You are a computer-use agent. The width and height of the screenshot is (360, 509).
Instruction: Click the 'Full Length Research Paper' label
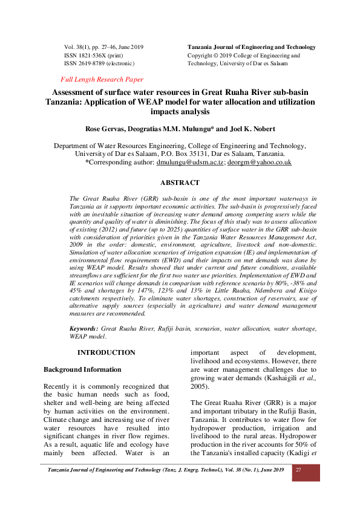tap(102, 79)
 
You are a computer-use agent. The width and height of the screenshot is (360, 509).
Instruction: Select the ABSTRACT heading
tap(180, 183)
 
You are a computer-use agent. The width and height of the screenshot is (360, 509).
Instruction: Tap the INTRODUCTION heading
tap(106, 352)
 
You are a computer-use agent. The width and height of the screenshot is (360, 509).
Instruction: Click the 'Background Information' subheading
tap(82, 369)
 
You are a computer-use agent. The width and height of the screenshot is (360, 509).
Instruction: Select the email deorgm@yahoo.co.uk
tap(259, 163)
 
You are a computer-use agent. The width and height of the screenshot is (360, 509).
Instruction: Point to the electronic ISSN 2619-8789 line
tap(99, 63)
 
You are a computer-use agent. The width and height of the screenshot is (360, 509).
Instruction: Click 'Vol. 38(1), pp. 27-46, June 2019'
tap(103, 47)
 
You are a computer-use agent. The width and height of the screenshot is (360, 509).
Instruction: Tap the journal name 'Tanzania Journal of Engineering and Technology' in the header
tap(252, 47)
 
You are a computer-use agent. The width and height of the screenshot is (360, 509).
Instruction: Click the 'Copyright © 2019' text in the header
tap(211, 55)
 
